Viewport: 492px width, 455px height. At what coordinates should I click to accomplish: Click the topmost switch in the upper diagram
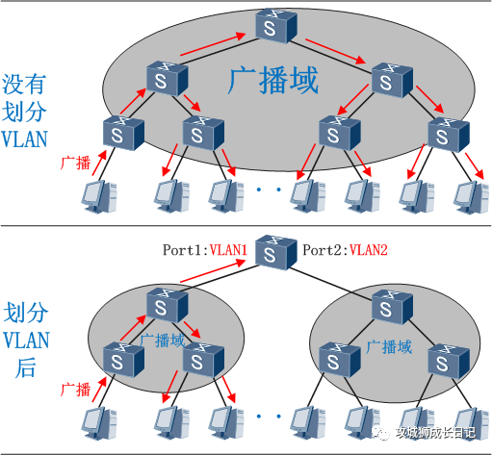pyautogui.click(x=276, y=26)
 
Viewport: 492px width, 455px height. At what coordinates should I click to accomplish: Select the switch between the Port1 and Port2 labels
pyautogui.click(x=276, y=253)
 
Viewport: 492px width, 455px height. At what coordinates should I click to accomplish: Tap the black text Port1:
pyautogui.click(x=186, y=250)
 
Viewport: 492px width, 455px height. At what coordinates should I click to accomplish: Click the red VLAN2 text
pyautogui.click(x=368, y=250)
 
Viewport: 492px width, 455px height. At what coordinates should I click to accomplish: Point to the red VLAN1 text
pyautogui.click(x=228, y=250)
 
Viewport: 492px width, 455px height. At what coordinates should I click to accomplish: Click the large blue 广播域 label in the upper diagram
pyautogui.click(x=273, y=80)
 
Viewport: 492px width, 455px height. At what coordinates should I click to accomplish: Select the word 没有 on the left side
pyautogui.click(x=24, y=84)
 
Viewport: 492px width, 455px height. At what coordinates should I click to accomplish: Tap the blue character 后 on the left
pyautogui.click(x=26, y=367)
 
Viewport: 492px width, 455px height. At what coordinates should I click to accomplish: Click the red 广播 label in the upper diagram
pyautogui.click(x=76, y=163)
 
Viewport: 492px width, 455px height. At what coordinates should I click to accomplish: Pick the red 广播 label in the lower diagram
pyautogui.click(x=76, y=390)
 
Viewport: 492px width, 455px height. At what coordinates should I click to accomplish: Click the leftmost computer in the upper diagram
pyautogui.click(x=99, y=196)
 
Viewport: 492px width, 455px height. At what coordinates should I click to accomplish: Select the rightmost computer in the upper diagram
pyautogui.click(x=472, y=197)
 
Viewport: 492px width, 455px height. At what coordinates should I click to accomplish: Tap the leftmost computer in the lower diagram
pyautogui.click(x=99, y=423)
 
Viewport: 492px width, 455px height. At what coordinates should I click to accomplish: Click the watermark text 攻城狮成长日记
pyautogui.click(x=435, y=433)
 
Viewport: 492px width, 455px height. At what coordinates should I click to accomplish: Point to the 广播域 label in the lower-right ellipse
pyautogui.click(x=389, y=347)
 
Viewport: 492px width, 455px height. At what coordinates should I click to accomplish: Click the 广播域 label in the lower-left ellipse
pyautogui.click(x=163, y=341)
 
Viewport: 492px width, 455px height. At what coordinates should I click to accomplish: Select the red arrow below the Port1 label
pyautogui.click(x=213, y=271)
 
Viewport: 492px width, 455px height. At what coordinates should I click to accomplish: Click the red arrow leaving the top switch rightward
pyautogui.click(x=335, y=51)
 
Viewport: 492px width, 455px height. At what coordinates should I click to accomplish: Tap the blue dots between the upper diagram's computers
pyautogui.click(x=269, y=190)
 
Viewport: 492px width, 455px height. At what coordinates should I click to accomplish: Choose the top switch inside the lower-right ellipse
pyautogui.click(x=392, y=307)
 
